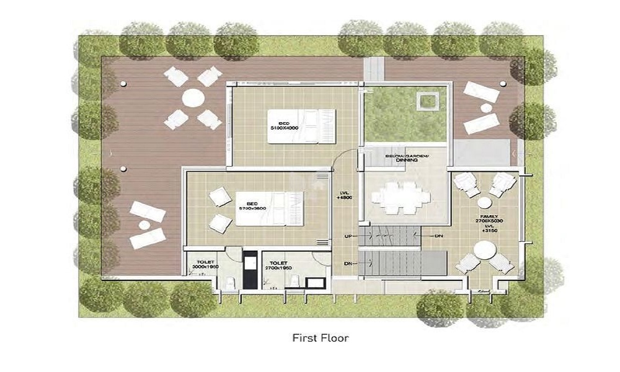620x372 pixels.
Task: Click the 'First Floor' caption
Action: [x=321, y=339]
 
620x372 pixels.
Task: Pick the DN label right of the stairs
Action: [x=438, y=236]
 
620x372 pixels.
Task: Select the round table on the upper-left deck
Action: [x=193, y=98]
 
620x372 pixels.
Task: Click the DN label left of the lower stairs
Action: [x=348, y=263]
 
